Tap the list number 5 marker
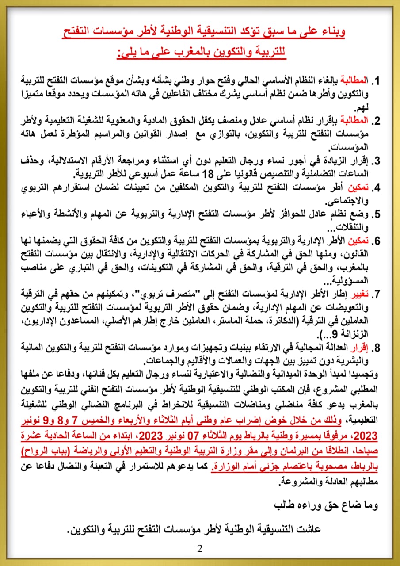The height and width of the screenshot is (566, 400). click(x=377, y=214)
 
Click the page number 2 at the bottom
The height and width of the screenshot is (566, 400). click(x=200, y=549)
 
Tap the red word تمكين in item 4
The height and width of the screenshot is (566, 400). click(x=360, y=187)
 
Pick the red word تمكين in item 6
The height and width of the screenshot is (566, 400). click(x=360, y=241)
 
